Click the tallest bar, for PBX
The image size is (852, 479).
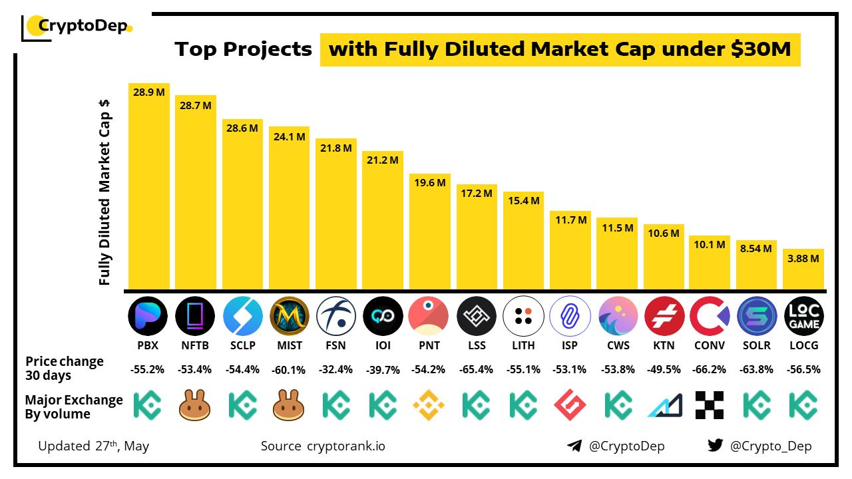pyautogui.click(x=149, y=186)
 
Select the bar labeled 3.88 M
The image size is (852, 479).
pyautogui.click(x=803, y=269)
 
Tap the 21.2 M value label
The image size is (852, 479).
pyautogui.click(x=382, y=160)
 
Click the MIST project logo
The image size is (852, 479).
pyautogui.click(x=289, y=316)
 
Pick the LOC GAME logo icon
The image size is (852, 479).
pyautogui.click(x=803, y=316)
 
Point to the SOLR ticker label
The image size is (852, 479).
pyautogui.click(x=757, y=346)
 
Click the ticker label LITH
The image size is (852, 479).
pyautogui.click(x=523, y=346)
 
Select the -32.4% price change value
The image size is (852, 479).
pyautogui.click(x=336, y=369)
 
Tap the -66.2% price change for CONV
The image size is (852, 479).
pyautogui.click(x=710, y=369)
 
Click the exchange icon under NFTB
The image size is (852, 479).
pyautogui.click(x=195, y=405)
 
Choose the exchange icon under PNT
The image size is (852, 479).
pyautogui.click(x=429, y=405)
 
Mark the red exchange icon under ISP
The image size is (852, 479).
pyautogui.click(x=569, y=405)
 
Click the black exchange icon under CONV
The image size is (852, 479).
pyautogui.click(x=710, y=405)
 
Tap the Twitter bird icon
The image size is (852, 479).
pyautogui.click(x=715, y=446)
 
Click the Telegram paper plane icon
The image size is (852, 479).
pyautogui.click(x=574, y=446)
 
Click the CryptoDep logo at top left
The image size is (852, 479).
pyautogui.click(x=77, y=27)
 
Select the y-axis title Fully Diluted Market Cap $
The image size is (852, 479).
pyautogui.click(x=105, y=193)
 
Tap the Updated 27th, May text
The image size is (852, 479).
pyautogui.click(x=94, y=446)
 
